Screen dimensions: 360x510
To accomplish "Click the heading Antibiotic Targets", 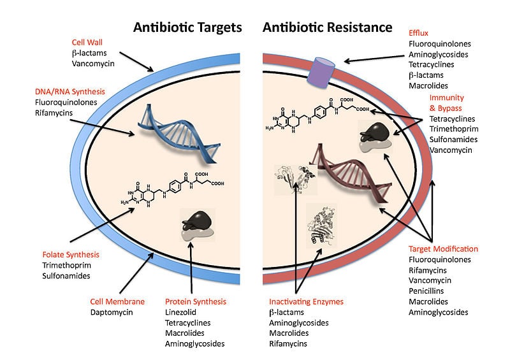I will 187,27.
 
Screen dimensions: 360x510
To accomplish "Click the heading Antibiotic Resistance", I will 327,27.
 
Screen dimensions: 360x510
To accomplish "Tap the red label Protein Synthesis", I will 196,301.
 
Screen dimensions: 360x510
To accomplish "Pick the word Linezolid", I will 182,312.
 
